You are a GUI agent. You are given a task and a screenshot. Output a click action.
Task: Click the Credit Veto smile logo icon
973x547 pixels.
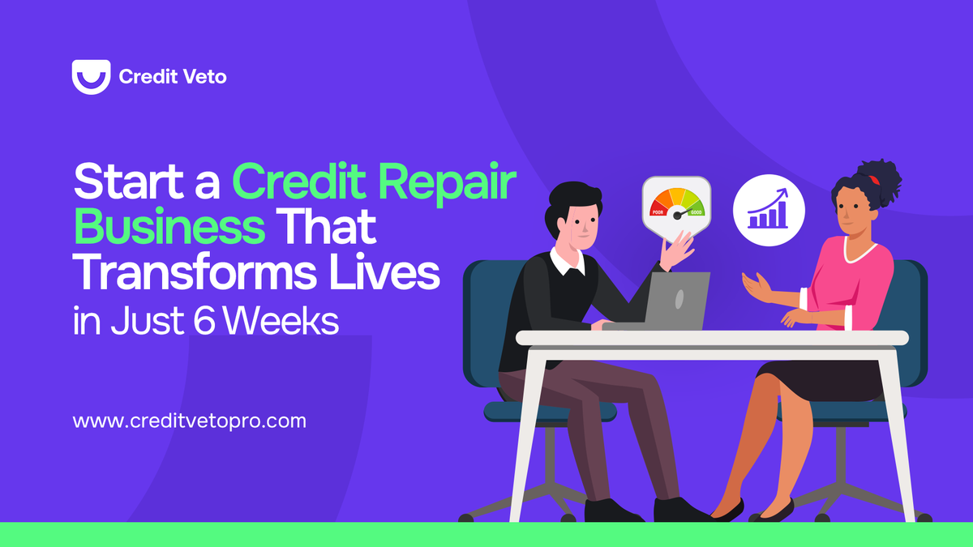[x=90, y=77]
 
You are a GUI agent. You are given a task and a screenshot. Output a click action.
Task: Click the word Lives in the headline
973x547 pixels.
[x=398, y=276]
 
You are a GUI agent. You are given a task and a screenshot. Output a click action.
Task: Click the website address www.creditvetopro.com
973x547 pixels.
[x=189, y=421]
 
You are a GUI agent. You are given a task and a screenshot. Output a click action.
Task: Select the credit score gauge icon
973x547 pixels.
[x=676, y=207]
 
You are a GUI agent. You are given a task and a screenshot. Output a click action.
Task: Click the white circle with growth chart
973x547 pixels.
[x=769, y=210]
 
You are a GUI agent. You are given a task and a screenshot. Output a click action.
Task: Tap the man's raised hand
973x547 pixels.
[x=677, y=250]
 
